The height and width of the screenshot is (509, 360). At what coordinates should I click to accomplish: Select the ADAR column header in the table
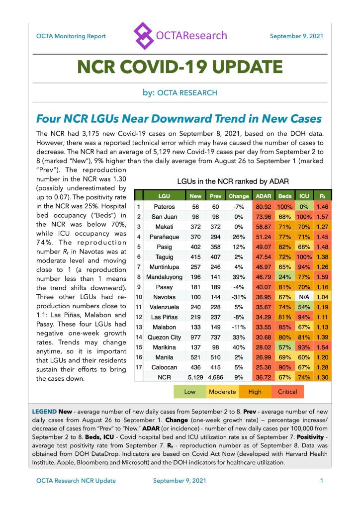tap(263, 196)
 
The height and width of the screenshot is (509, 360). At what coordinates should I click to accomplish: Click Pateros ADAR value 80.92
tap(263, 206)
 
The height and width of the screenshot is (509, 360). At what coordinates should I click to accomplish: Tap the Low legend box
tap(189, 392)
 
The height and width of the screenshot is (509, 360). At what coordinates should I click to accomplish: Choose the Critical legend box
tap(287, 392)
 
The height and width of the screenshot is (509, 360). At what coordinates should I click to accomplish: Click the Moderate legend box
tap(222, 392)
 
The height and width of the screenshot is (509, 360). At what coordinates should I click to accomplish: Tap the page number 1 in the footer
tap(322, 481)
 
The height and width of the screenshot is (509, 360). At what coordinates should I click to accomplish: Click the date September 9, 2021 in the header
tap(297, 36)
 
